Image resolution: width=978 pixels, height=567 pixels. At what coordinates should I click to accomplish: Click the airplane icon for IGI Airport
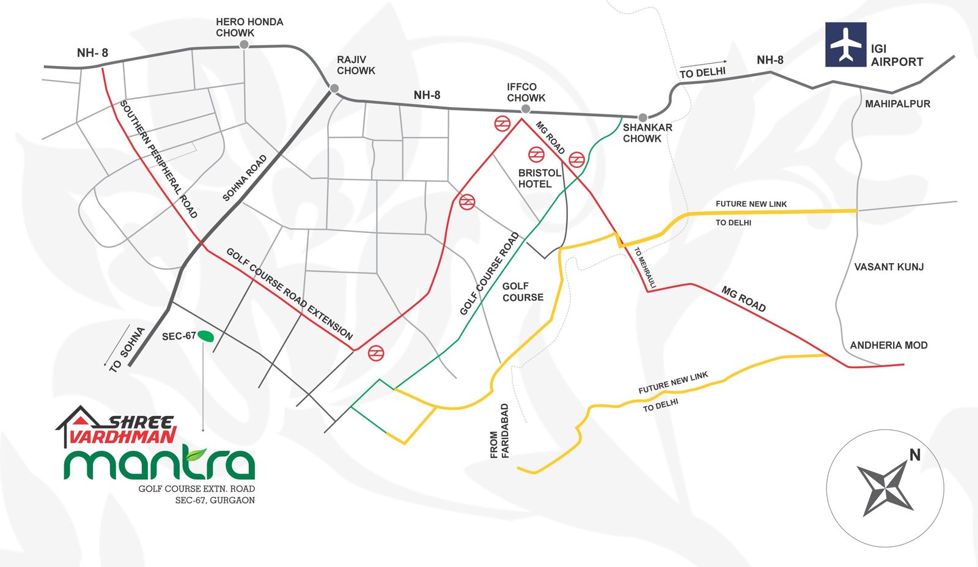[845, 45]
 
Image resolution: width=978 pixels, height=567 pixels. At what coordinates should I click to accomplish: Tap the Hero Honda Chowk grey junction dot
[244, 44]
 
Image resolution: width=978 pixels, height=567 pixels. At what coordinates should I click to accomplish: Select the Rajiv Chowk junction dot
[334, 88]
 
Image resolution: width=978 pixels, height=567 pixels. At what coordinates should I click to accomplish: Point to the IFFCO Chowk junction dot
[526, 109]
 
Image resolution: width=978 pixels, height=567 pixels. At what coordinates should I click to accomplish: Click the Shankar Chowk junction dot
[642, 117]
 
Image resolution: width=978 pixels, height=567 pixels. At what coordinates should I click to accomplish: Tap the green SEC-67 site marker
[205, 335]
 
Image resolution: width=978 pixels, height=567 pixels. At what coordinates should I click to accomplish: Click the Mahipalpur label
[898, 104]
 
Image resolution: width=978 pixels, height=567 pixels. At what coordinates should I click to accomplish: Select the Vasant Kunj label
[889, 267]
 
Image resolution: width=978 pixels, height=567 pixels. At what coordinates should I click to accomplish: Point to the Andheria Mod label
[889, 345]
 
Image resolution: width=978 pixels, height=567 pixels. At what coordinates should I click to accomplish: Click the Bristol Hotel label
[539, 178]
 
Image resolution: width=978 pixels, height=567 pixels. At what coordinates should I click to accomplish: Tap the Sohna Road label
[244, 178]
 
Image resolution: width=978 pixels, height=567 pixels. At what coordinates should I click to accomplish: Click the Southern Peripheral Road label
[158, 159]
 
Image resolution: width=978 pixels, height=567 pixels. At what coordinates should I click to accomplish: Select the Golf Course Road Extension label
[290, 294]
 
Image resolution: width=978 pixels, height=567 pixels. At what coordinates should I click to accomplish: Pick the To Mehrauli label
[645, 267]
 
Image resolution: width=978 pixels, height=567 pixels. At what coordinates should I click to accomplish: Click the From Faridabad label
[499, 431]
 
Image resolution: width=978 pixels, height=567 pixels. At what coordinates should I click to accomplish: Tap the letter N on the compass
[914, 455]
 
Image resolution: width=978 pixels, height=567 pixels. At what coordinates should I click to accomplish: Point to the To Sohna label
[127, 349]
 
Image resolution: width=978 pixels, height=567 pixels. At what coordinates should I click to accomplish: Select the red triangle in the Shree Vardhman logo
[79, 420]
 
